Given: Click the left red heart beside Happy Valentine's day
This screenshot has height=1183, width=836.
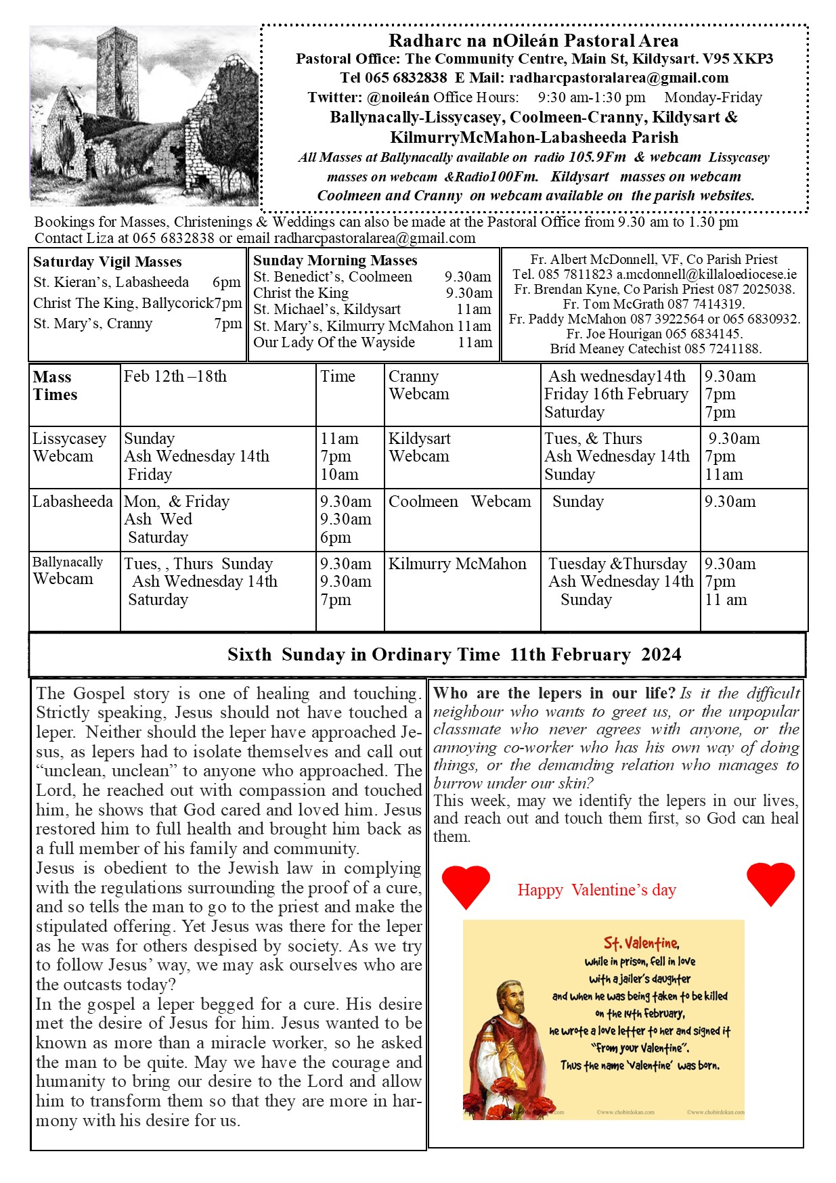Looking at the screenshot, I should tap(466, 885).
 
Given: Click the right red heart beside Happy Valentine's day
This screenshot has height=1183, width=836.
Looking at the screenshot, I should tap(770, 883).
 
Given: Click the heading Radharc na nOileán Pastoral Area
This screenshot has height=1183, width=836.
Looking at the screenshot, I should tap(533, 41).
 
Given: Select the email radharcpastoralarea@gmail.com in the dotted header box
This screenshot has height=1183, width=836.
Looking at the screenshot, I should tap(619, 78).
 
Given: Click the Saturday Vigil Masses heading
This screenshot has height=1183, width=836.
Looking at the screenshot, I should tap(108, 262).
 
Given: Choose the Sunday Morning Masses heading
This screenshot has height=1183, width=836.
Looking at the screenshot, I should tap(335, 261).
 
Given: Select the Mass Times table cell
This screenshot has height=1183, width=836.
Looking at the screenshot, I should tap(56, 386).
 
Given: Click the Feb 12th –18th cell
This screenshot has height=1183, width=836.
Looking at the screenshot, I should tap(175, 377).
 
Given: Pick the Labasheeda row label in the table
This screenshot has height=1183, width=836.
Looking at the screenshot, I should tap(72, 501).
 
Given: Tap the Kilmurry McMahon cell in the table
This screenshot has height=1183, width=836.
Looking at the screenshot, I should tap(457, 564).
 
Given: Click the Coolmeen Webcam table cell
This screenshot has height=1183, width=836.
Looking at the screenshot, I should tap(460, 501).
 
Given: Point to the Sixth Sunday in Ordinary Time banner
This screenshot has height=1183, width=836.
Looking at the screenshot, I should tap(454, 654).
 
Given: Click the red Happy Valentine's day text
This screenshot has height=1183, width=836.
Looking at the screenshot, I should tap(596, 890).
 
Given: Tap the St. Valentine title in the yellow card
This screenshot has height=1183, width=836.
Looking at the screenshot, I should tap(641, 943).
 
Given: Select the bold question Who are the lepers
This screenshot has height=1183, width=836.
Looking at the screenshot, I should tap(554, 693).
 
